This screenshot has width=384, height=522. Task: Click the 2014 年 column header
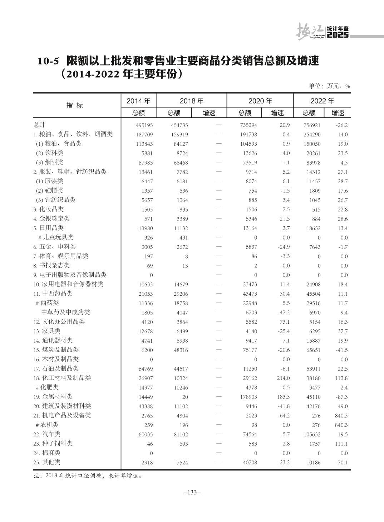138,101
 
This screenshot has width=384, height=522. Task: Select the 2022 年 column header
322,101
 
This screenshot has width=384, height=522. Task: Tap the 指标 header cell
75,105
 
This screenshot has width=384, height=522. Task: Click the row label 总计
39,125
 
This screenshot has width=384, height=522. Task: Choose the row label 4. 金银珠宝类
51,218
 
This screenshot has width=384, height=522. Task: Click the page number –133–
192,492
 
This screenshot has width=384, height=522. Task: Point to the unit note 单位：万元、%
329,86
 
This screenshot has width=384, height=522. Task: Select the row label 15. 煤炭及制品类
56,350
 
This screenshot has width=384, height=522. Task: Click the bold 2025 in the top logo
338,35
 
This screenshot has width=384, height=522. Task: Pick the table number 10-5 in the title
48,61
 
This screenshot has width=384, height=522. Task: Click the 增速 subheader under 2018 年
209,113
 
